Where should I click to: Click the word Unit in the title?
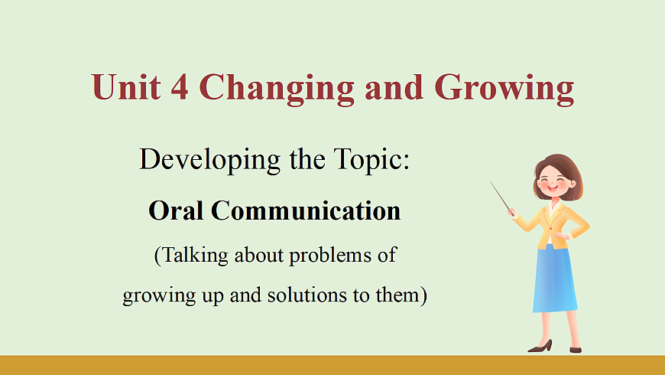tap(126, 87)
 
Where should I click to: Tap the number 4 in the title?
tap(180, 87)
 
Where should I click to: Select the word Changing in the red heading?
tap(277, 89)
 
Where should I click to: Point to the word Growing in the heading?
tap(504, 89)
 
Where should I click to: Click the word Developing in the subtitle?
tap(209, 161)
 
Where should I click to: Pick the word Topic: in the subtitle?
tap(371, 161)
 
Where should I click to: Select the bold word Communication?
tap(306, 210)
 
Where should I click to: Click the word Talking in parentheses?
tap(191, 256)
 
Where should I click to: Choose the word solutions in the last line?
tap(307, 295)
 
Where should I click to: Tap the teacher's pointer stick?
tap(501, 197)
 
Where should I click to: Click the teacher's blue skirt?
tap(555, 279)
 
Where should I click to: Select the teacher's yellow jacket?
tap(552, 225)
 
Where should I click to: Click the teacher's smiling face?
tap(553, 183)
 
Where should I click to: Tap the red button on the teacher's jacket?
tap(550, 228)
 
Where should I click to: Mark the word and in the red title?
tap(394, 87)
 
